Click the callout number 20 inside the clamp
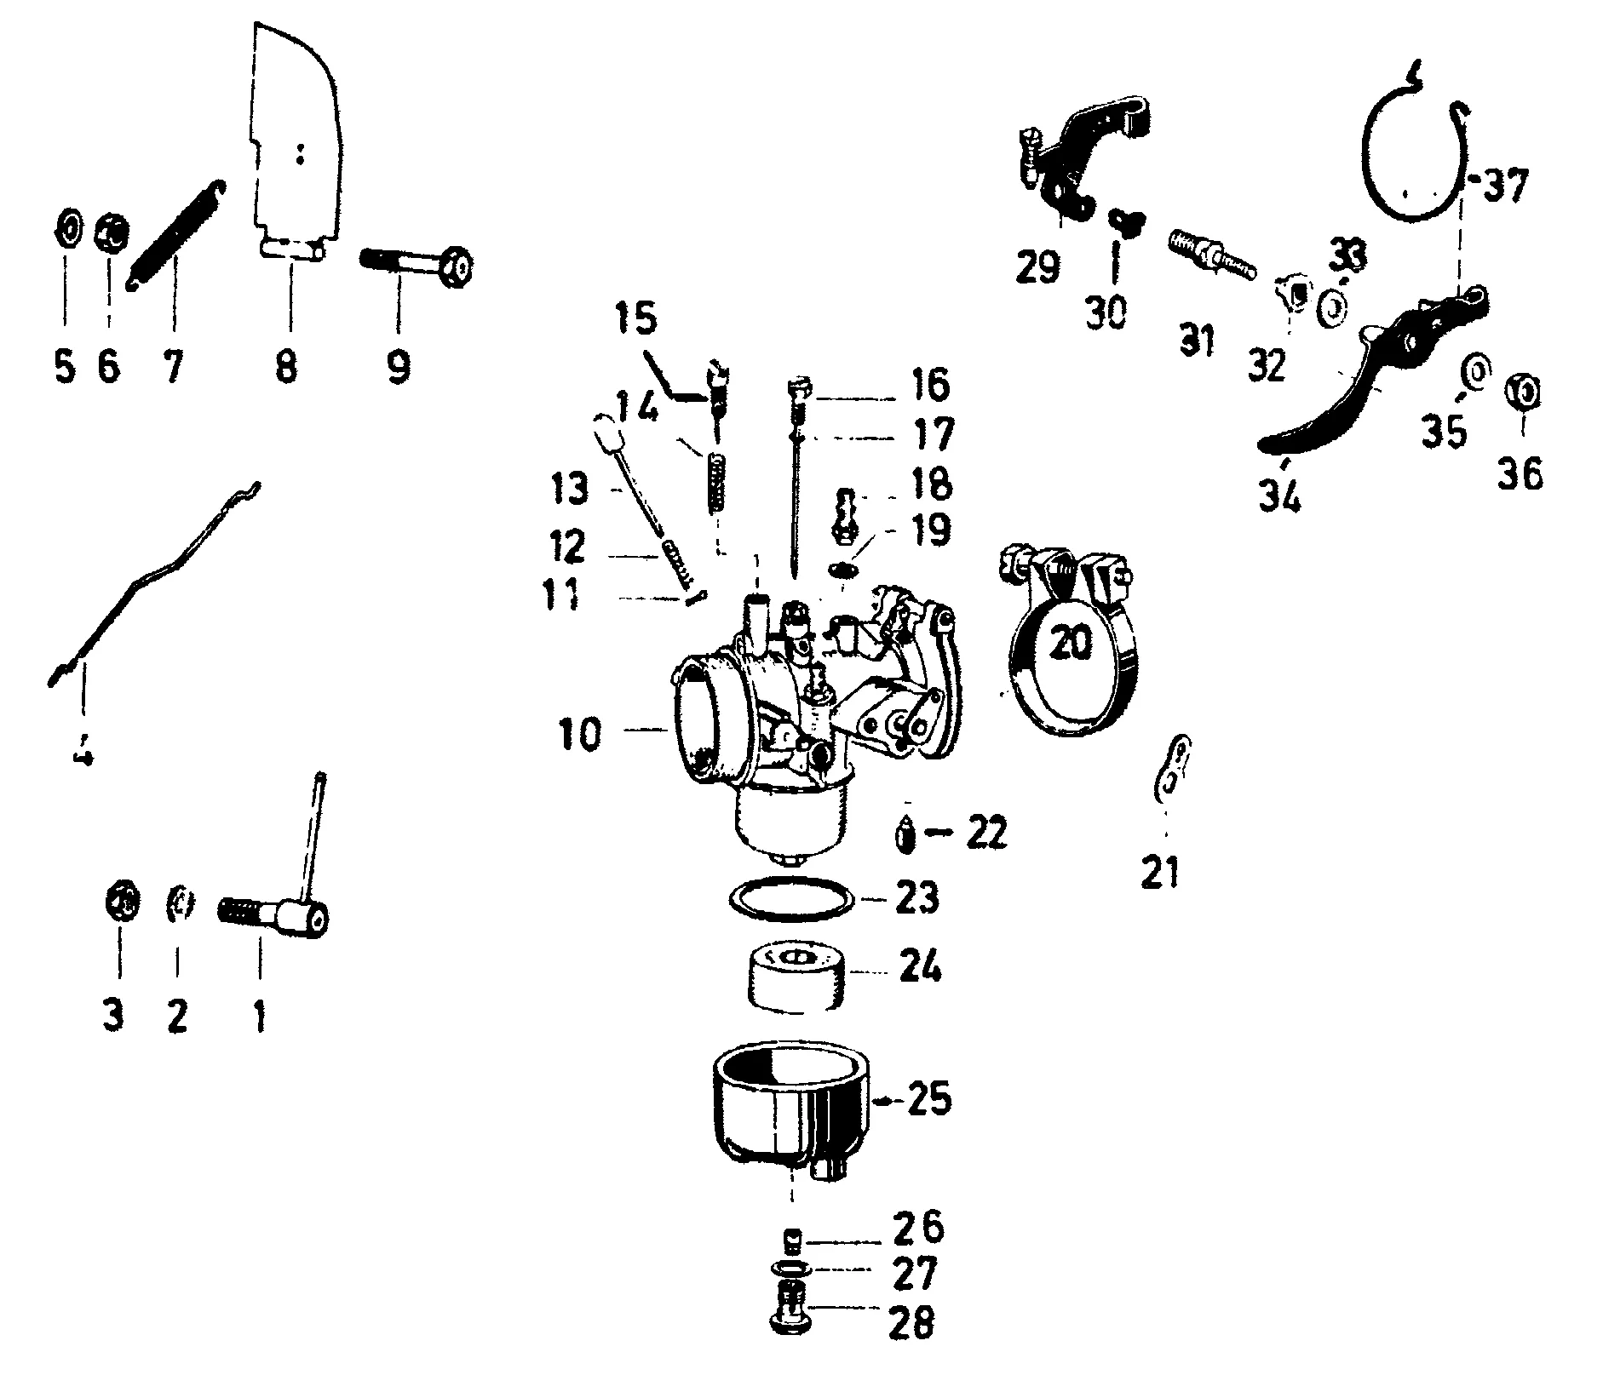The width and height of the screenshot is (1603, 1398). tap(1071, 643)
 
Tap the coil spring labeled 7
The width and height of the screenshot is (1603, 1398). tap(174, 235)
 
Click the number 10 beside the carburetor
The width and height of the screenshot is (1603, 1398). tap(581, 733)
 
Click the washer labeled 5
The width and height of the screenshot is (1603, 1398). tap(67, 229)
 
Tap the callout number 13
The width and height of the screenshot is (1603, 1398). tap(569, 490)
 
